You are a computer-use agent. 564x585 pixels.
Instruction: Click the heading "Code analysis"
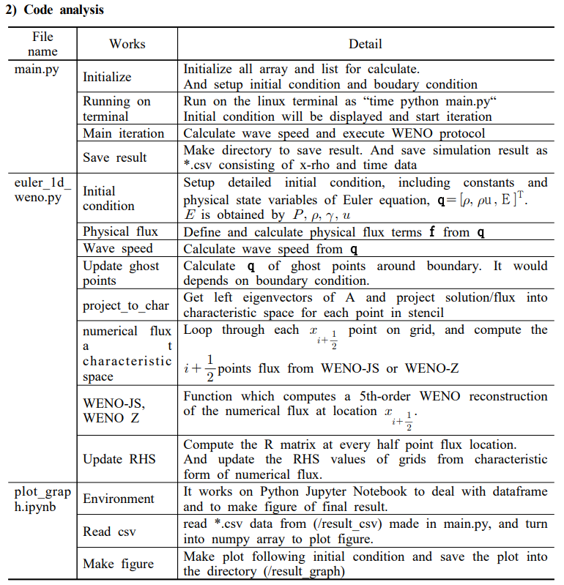pyautogui.click(x=62, y=10)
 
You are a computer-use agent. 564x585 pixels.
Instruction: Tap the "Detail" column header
pyautogui.click(x=366, y=44)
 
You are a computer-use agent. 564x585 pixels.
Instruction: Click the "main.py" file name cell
pyautogui.click(x=37, y=70)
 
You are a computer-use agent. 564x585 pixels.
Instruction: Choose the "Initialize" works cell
pyautogui.click(x=107, y=77)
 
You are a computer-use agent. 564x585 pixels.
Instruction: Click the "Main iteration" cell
pyautogui.click(x=123, y=133)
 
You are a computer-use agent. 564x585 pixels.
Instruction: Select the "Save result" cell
pyautogui.click(x=114, y=157)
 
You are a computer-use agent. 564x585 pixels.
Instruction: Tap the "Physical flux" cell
pyautogui.click(x=120, y=232)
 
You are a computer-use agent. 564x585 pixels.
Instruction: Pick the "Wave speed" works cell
pyautogui.click(x=118, y=249)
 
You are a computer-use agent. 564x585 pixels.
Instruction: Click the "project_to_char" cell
pyautogui.click(x=125, y=305)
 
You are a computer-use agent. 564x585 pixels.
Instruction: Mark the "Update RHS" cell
pyautogui.click(x=119, y=459)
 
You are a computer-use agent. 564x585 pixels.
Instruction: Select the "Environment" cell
pyautogui.click(x=119, y=499)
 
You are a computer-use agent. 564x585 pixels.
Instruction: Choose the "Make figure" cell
pyautogui.click(x=118, y=564)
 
